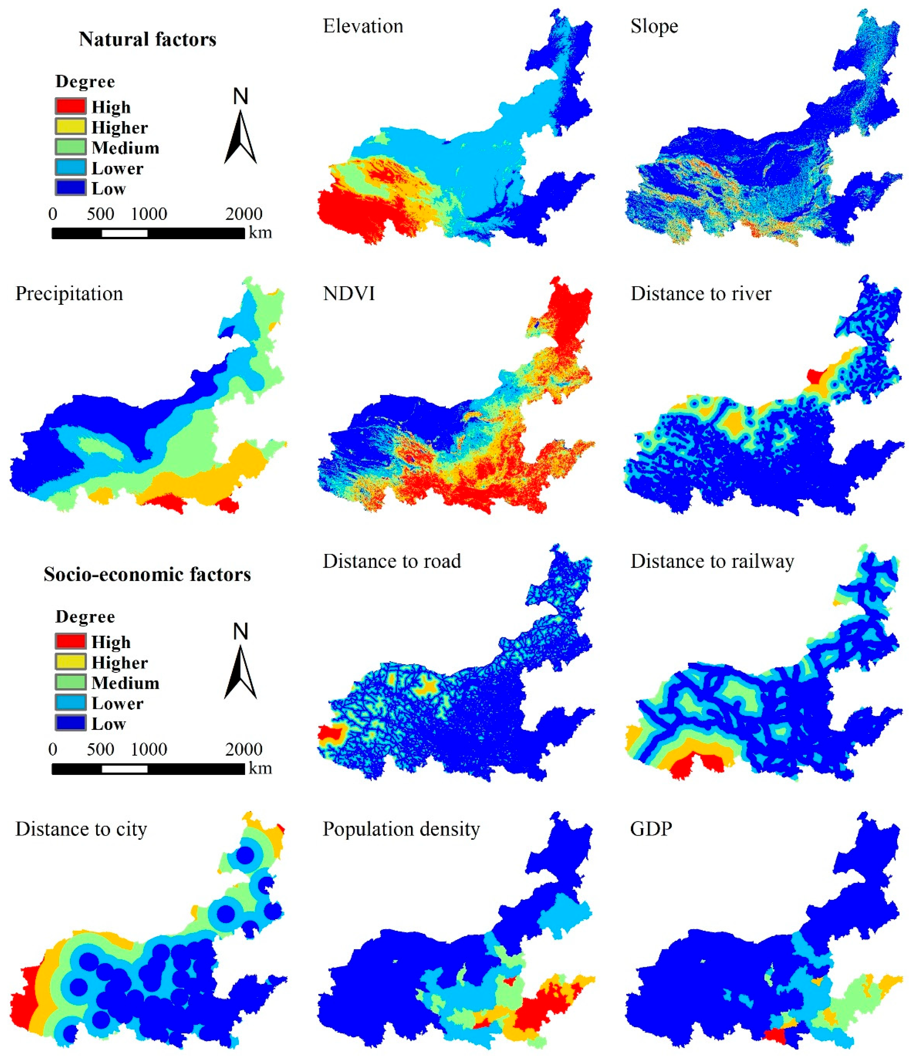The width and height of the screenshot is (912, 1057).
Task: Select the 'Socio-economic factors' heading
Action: (147, 574)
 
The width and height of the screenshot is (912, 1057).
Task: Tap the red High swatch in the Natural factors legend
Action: (70, 106)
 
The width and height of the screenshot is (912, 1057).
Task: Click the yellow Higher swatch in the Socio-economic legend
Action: (70, 662)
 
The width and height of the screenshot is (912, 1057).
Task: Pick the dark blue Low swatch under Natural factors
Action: (70, 188)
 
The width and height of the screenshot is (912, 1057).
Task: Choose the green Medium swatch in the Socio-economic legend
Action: (70, 682)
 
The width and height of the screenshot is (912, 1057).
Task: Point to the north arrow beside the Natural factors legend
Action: (241, 135)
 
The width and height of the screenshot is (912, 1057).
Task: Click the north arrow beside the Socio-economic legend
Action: (241, 670)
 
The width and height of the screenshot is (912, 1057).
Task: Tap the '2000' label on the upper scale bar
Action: (244, 214)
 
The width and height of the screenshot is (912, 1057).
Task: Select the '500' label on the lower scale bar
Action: (100, 749)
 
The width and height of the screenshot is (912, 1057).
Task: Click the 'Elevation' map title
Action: (363, 26)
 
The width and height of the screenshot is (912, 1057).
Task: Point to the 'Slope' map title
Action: (654, 26)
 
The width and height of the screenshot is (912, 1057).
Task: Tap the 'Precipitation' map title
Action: (69, 294)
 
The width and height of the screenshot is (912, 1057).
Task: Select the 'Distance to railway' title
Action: (712, 561)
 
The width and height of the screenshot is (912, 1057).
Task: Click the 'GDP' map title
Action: (651, 829)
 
